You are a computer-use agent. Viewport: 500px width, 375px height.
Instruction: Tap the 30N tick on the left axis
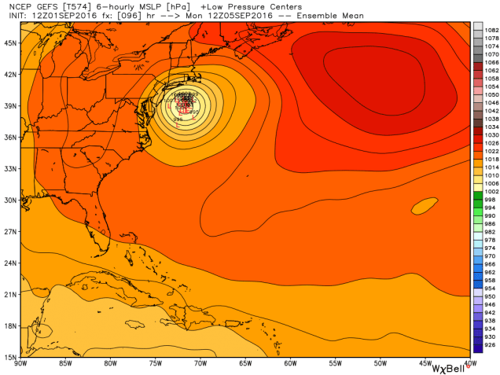pyautogui.click(x=10, y=200)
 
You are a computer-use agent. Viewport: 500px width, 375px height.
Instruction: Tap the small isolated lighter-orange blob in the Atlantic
pyautogui.click(x=424, y=206)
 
